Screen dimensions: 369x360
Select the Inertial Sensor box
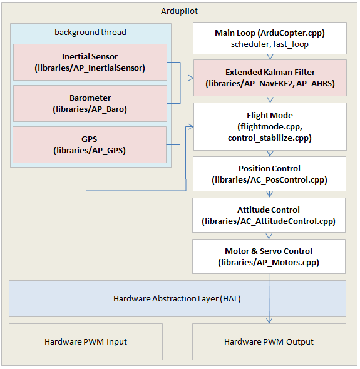pyautogui.click(x=90, y=62)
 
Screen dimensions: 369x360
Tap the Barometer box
pyautogui.click(x=90, y=103)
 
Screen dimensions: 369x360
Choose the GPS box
pyautogui.click(x=90, y=144)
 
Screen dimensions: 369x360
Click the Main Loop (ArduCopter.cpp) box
pyautogui.click(x=269, y=39)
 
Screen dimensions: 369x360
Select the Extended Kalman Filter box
pyautogui.click(x=269, y=78)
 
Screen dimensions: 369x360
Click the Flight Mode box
pyautogui.click(x=269, y=127)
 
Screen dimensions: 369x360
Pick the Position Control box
pyautogui.click(x=269, y=174)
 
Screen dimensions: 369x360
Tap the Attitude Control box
pyautogui.click(x=269, y=215)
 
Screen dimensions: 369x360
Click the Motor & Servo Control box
pyautogui.click(x=269, y=256)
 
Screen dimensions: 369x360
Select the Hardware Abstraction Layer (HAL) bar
pyautogui.click(x=177, y=298)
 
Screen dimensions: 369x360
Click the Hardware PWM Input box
pyautogui.click(x=86, y=341)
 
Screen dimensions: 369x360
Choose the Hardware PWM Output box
pyautogui.click(x=269, y=341)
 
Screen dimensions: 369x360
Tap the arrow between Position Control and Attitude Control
pyautogui.click(x=269, y=194)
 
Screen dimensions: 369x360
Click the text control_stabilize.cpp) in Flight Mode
pyautogui.click(x=269, y=138)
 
